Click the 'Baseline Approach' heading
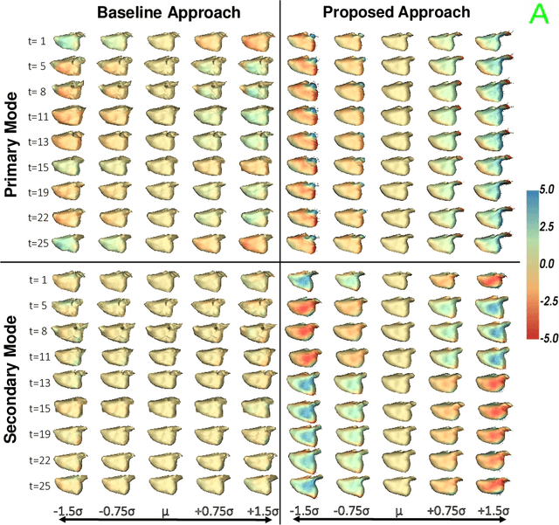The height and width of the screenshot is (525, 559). coord(156,12)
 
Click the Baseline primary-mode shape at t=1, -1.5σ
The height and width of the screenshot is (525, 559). coord(71,41)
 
